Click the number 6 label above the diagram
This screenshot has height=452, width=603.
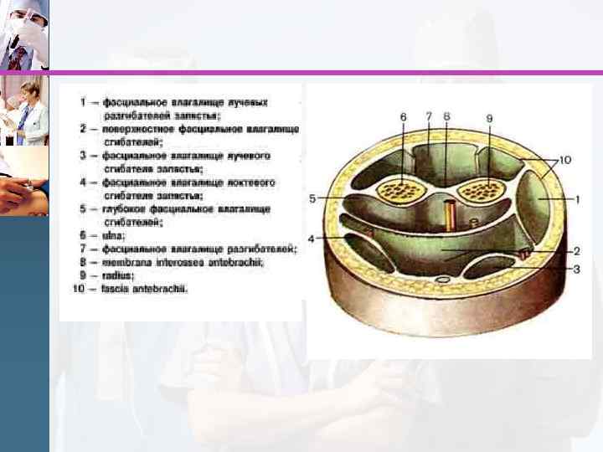coord(403,116)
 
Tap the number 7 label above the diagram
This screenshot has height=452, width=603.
coord(428,116)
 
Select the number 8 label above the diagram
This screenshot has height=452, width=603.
coord(446,116)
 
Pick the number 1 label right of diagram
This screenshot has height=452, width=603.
coord(577,199)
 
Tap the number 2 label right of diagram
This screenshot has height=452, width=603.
coord(577,250)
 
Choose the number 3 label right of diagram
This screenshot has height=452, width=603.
coord(577,269)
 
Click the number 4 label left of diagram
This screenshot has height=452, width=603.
coord(311,239)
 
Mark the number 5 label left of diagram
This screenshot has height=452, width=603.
coord(312,198)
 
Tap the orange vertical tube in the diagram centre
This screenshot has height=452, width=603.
coord(450,215)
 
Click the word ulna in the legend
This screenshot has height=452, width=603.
coord(112,236)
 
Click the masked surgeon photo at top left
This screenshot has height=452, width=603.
coord(24,35)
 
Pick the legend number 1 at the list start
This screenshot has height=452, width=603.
coord(84,102)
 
